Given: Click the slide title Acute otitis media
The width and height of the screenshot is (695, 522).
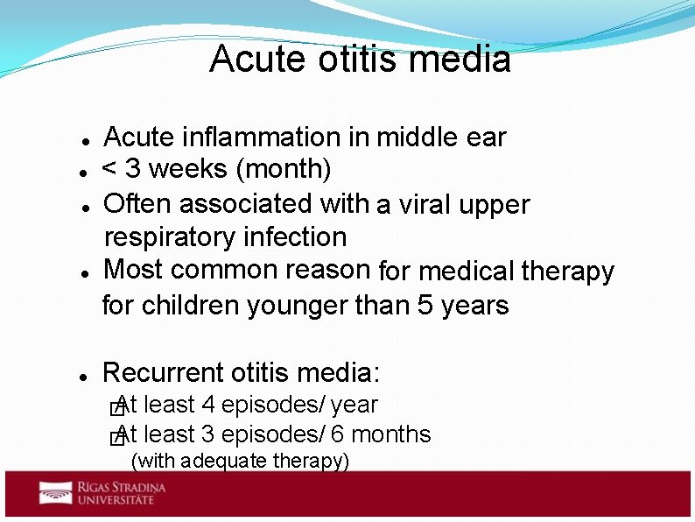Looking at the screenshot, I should [x=360, y=60].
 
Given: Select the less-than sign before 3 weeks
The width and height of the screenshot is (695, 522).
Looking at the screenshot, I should [x=111, y=168].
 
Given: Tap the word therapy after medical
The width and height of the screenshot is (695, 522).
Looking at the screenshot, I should [x=567, y=272].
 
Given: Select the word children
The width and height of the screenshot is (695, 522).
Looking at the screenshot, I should [x=192, y=306].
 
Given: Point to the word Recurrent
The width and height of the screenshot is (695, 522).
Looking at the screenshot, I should [x=164, y=373].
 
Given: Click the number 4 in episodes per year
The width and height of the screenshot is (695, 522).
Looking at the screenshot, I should [x=208, y=406].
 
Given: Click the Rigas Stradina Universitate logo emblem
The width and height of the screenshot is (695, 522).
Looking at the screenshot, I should [x=55, y=493].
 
